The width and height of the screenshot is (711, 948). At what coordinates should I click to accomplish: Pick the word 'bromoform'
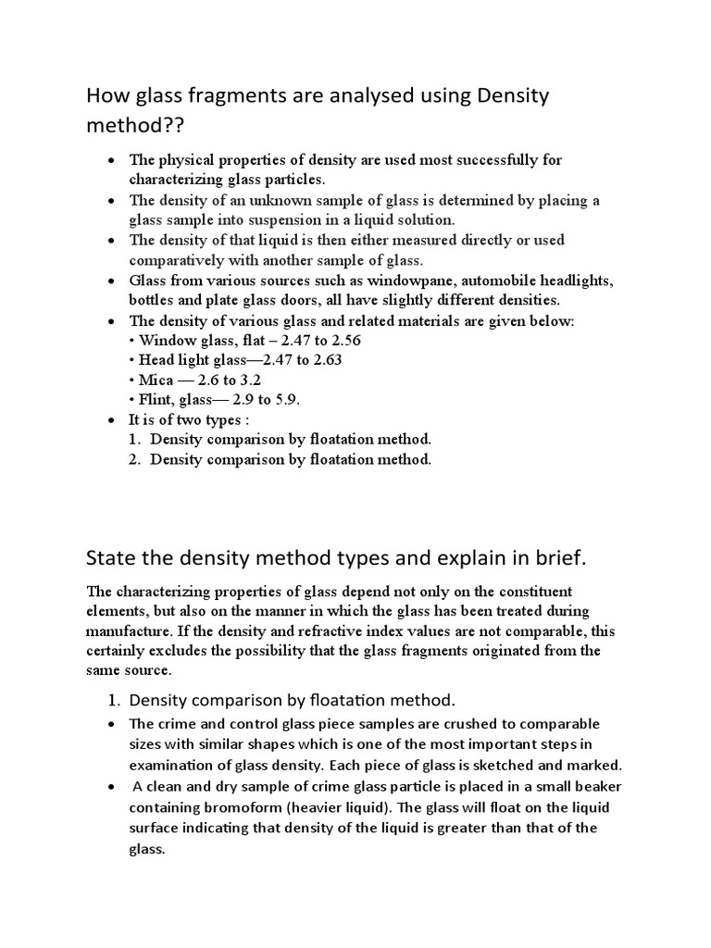234,806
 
